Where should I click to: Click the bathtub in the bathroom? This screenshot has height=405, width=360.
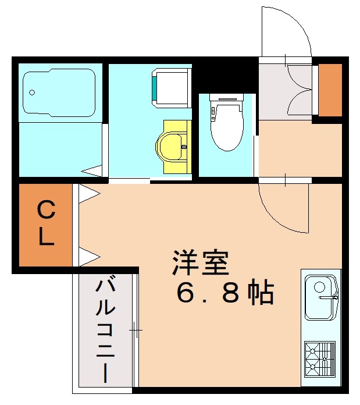coord(59,92)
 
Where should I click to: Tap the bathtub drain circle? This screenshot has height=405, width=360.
coord(31,92)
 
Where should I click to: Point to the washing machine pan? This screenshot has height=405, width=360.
coord(170,87)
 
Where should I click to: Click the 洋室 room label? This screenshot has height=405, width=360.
coord(201,263)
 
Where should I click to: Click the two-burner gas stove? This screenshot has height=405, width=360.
coord(319,357)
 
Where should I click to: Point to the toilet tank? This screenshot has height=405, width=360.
coord(227,100)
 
